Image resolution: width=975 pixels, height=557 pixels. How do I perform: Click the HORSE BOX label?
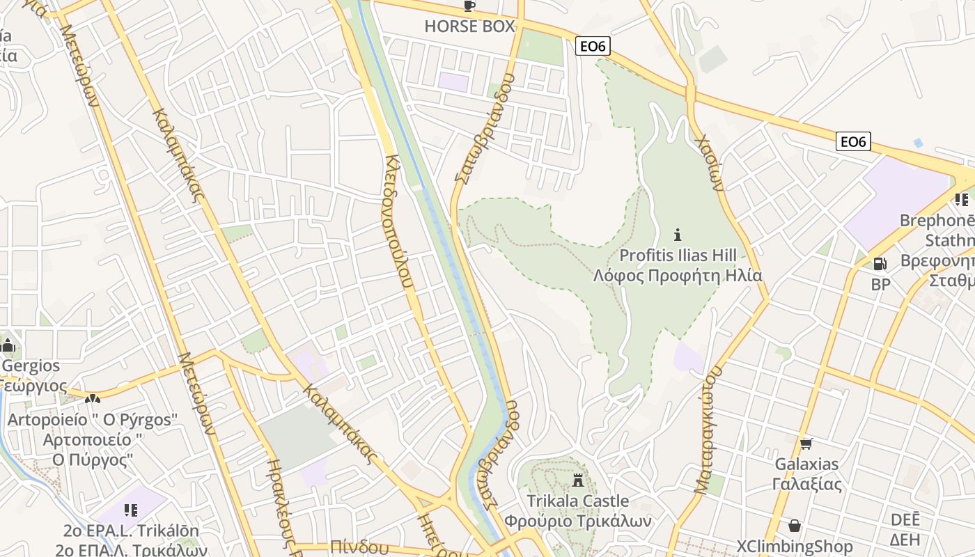click(x=469, y=27)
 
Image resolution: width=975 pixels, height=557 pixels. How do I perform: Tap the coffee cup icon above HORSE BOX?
click(x=469, y=6)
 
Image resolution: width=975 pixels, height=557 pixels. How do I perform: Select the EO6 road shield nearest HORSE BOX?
click(x=593, y=47)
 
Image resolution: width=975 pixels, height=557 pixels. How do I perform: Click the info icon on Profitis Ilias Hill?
click(x=678, y=235)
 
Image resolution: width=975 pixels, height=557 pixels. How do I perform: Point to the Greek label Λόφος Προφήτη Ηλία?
click(x=678, y=276)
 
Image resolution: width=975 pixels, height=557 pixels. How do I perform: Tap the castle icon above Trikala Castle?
click(x=577, y=480)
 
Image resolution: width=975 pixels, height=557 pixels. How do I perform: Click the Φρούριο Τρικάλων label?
click(x=577, y=521)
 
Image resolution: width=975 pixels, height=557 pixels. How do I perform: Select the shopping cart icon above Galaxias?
click(x=806, y=444)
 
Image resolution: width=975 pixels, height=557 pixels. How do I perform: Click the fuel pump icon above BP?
click(x=880, y=264)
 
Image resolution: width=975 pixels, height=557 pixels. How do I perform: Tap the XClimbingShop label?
click(x=795, y=547)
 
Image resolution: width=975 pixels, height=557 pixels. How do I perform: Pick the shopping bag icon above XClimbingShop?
click(x=795, y=526)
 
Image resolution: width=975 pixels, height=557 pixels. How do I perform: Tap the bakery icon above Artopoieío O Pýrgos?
click(x=92, y=399)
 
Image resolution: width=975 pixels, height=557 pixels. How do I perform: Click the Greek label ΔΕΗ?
click(x=905, y=540)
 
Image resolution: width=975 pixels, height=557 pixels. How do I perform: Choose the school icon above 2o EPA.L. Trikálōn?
click(x=130, y=510)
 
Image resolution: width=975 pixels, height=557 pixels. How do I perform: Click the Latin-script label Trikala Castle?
click(x=577, y=501)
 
